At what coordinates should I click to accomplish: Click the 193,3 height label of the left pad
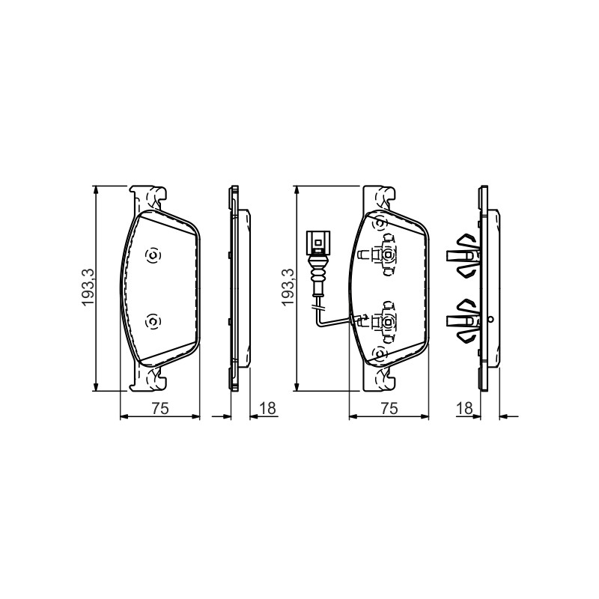[x=88, y=288]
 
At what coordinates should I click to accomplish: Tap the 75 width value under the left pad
[x=160, y=408]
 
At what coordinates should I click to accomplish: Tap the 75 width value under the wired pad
[x=389, y=408]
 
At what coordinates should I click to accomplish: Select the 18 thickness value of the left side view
[x=267, y=408]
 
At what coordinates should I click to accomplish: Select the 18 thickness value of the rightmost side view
[x=464, y=408]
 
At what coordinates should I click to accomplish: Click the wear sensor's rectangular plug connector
[x=317, y=242]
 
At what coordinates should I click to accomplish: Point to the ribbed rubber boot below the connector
[x=317, y=274]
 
